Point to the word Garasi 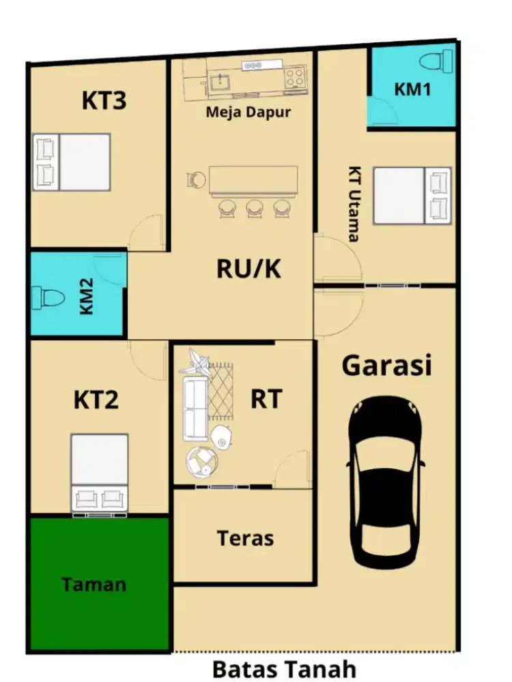click(386, 366)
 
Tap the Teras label click(245, 538)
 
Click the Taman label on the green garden click(94, 584)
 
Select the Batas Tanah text click(283, 668)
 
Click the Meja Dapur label click(248, 111)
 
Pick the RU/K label click(248, 269)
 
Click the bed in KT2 click(100, 471)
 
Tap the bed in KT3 click(73, 162)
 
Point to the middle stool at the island click(254, 207)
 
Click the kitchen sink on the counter click(219, 83)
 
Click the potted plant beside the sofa click(196, 361)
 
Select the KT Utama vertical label click(354, 204)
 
